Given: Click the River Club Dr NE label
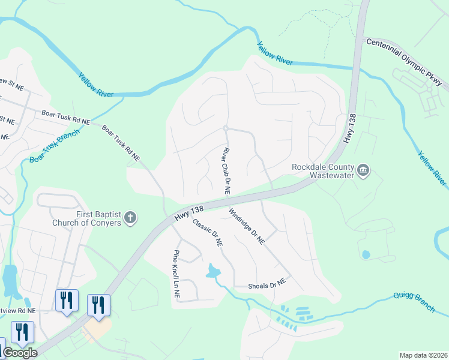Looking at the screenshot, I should pyautogui.click(x=227, y=171).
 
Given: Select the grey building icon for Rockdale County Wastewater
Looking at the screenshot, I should pyautogui.click(x=363, y=171).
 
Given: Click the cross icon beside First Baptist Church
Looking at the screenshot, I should pyautogui.click(x=131, y=218).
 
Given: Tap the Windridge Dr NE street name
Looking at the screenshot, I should pyautogui.click(x=246, y=226).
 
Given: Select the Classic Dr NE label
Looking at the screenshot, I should pyautogui.click(x=208, y=233).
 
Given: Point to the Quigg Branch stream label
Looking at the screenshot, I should pyautogui.click(x=414, y=302).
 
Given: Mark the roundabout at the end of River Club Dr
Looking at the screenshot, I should pyautogui.click(x=225, y=128).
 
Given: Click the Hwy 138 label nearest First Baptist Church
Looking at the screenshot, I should pyautogui.click(x=190, y=213).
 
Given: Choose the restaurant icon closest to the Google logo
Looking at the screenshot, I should pyautogui.click(x=22, y=332).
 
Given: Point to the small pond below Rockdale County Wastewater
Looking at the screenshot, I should pyautogui.click(x=366, y=254).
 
